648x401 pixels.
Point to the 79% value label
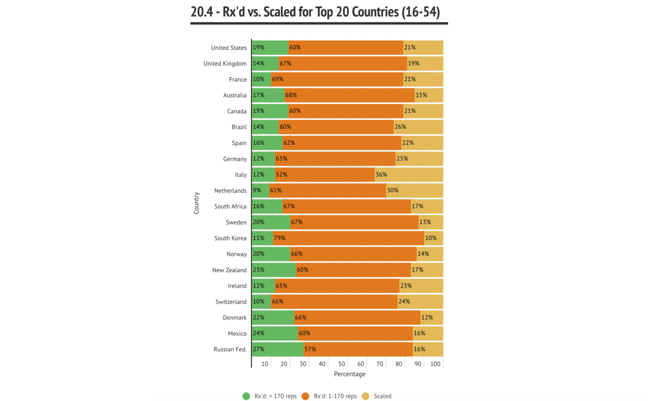(279, 238)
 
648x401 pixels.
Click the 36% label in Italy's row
(381, 175)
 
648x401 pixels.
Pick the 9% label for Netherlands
(257, 191)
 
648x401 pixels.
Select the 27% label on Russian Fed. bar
(258, 349)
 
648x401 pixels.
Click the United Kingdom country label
(225, 64)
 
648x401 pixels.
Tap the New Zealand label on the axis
(229, 270)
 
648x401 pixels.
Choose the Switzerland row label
(231, 302)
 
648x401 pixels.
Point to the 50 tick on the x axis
(341, 364)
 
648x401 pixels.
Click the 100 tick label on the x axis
(435, 364)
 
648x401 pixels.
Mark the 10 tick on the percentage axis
(265, 364)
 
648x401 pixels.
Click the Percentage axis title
(350, 374)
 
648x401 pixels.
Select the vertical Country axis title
(196, 203)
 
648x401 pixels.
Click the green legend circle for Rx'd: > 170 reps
(246, 396)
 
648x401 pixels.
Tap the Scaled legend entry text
(382, 396)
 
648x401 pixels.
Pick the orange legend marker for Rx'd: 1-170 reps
(305, 396)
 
